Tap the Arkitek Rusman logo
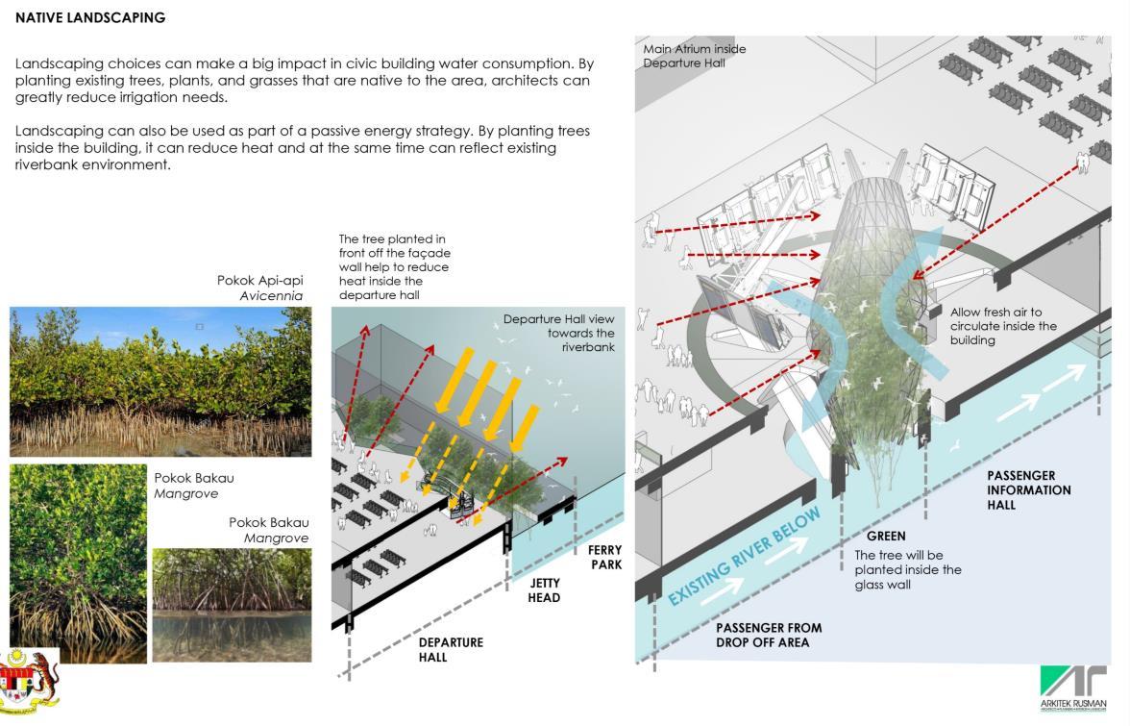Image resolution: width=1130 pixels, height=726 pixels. (x=1072, y=688)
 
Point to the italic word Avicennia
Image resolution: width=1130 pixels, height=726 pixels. (x=271, y=296)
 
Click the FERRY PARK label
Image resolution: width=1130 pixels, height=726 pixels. (x=605, y=557)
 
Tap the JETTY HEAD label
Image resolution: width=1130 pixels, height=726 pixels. (x=544, y=589)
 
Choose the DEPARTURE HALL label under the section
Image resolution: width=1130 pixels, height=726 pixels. (x=451, y=649)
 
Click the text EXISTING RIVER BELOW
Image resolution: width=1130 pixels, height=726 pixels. (x=745, y=557)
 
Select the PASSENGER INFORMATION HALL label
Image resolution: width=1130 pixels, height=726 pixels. (x=1028, y=489)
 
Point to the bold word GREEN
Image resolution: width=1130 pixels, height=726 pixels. (x=885, y=536)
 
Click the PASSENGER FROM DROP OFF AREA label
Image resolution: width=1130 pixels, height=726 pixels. (x=769, y=635)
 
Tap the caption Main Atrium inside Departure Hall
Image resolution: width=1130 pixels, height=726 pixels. (x=694, y=56)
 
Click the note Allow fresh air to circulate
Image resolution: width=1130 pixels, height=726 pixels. (x=1003, y=326)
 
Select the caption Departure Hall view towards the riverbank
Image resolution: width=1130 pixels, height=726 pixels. (x=559, y=333)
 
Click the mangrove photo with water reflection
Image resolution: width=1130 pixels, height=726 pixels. (x=232, y=605)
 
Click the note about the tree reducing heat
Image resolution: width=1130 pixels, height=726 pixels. (x=393, y=267)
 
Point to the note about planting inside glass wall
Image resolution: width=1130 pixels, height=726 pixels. (x=908, y=569)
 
